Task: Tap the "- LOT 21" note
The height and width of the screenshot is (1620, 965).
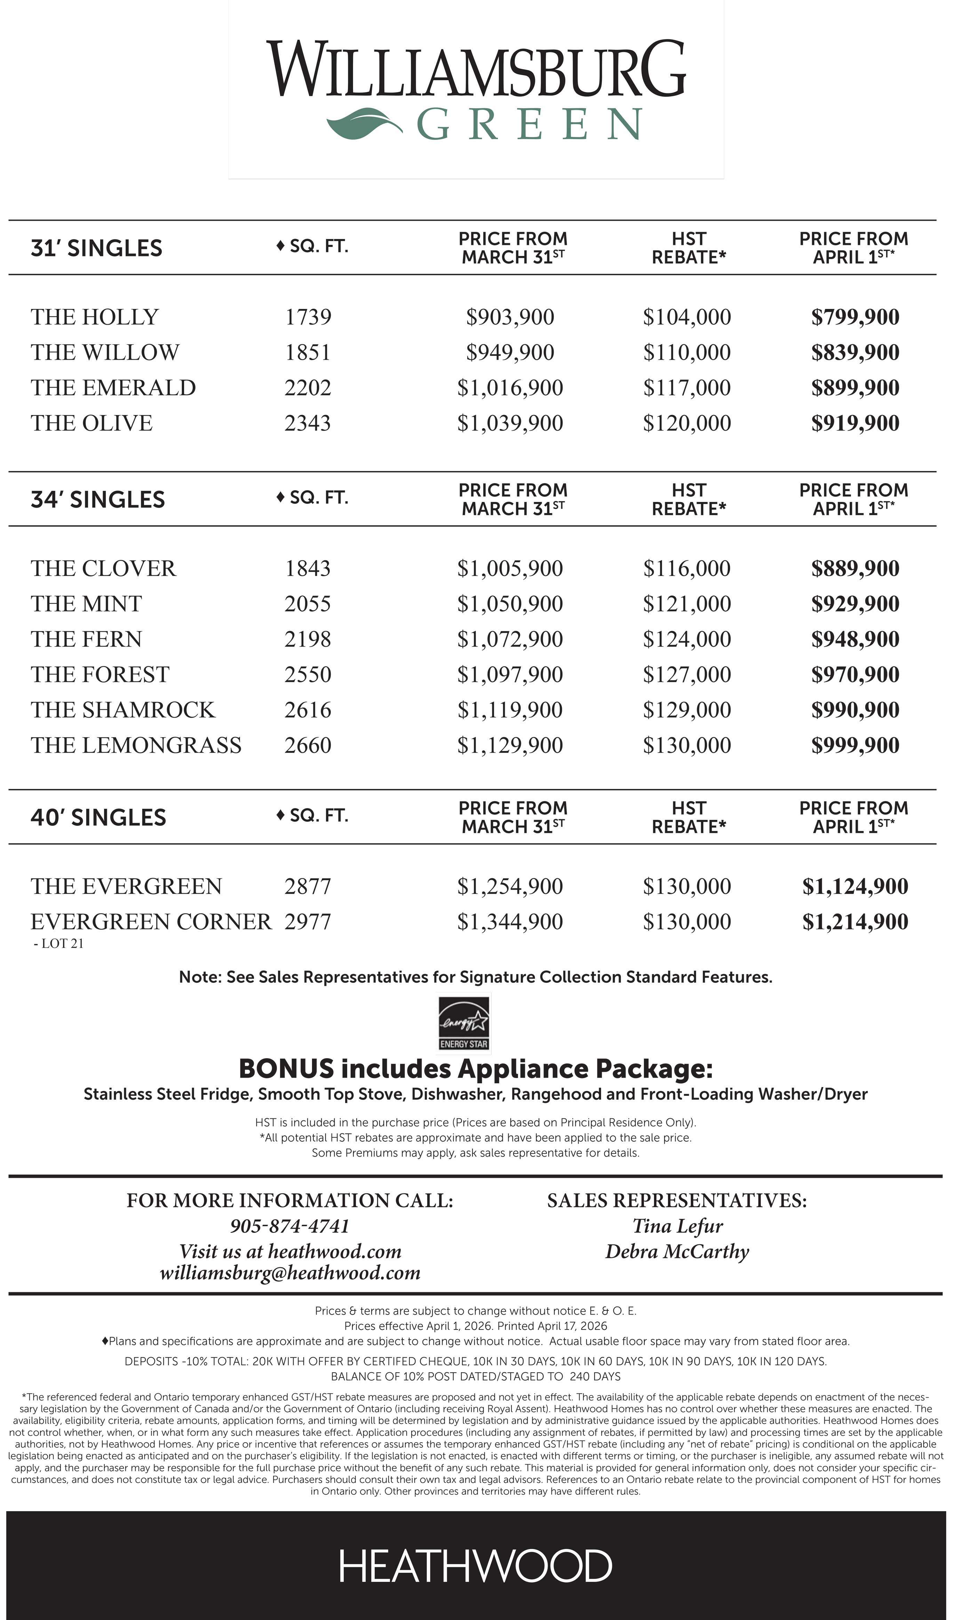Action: pos(58,944)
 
